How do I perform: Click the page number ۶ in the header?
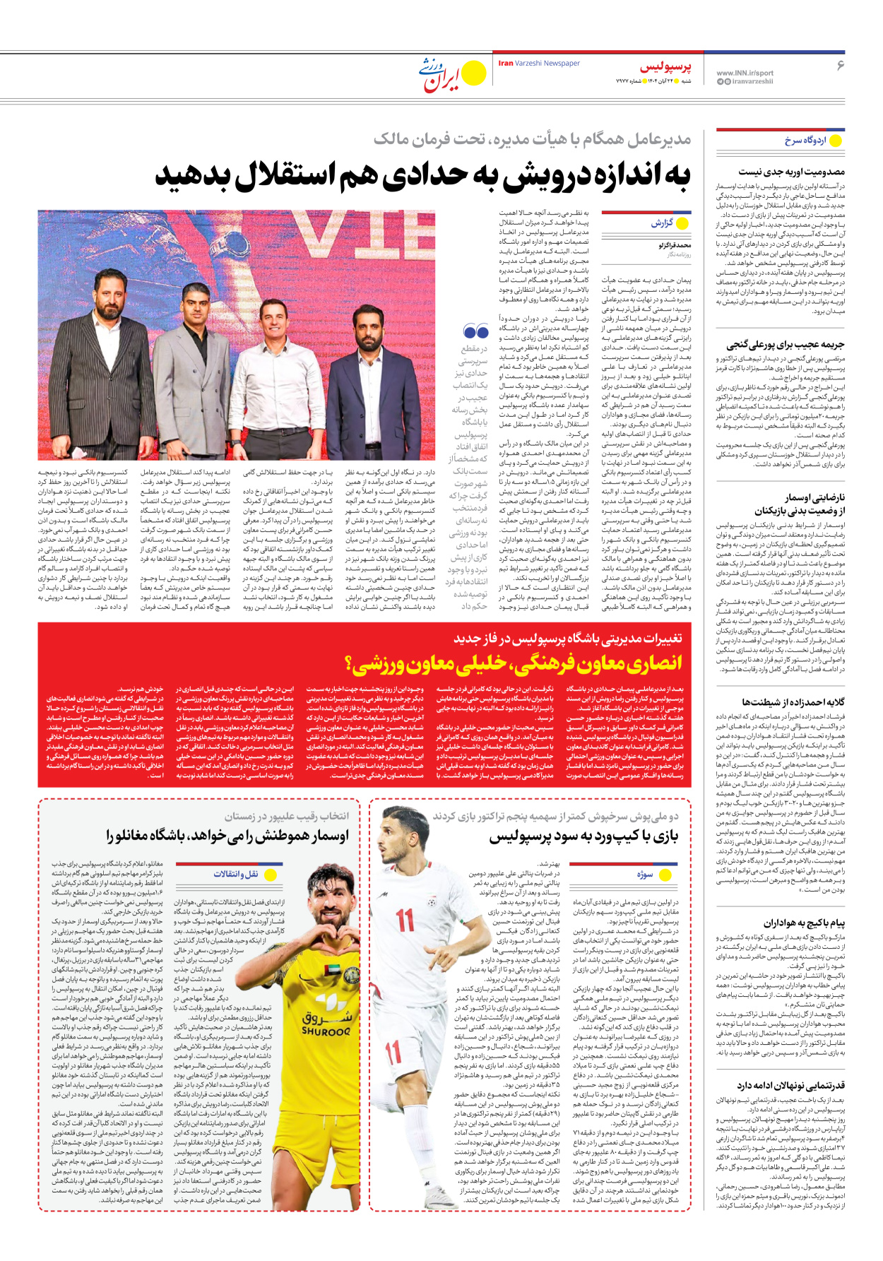[x=841, y=65]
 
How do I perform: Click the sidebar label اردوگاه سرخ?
[x=805, y=141]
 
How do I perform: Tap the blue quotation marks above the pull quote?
[x=476, y=331]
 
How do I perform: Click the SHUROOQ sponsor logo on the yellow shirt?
[x=325, y=1022]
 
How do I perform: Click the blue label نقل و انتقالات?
[x=236, y=875]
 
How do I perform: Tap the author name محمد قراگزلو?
[x=675, y=246]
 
